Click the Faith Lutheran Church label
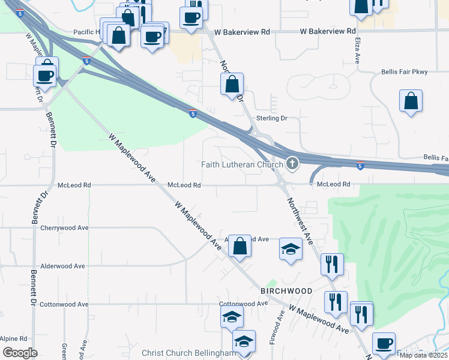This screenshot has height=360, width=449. pyautogui.click(x=241, y=165)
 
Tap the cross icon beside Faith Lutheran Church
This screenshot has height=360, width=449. pyautogui.click(x=292, y=163)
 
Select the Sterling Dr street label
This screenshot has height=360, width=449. pyautogui.click(x=272, y=118)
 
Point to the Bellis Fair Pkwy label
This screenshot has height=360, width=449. pyautogui.click(x=404, y=72)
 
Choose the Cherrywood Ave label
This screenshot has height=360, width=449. pyautogui.click(x=64, y=228)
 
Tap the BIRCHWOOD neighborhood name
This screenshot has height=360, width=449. pyautogui.click(x=286, y=291)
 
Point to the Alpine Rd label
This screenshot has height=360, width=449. pyautogui.click(x=14, y=338)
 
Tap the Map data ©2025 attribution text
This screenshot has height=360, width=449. pyautogui.click(x=424, y=355)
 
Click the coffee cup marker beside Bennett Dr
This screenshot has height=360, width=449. pyautogui.click(x=46, y=74)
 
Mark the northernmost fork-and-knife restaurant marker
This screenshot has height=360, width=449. pyautogui.click(x=331, y=263)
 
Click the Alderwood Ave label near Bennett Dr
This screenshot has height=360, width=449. pyautogui.click(x=62, y=266)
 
